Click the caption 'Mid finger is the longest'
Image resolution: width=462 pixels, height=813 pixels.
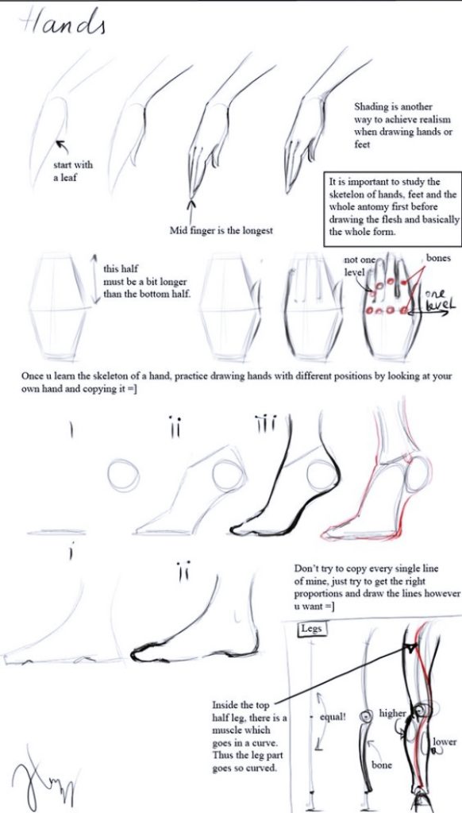pyautogui.click(x=221, y=230)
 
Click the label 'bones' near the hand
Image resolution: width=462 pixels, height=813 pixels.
pyautogui.click(x=438, y=258)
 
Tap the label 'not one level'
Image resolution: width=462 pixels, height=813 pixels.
pyautogui.click(x=358, y=265)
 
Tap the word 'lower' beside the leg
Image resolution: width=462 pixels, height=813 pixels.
pyautogui.click(x=445, y=742)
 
